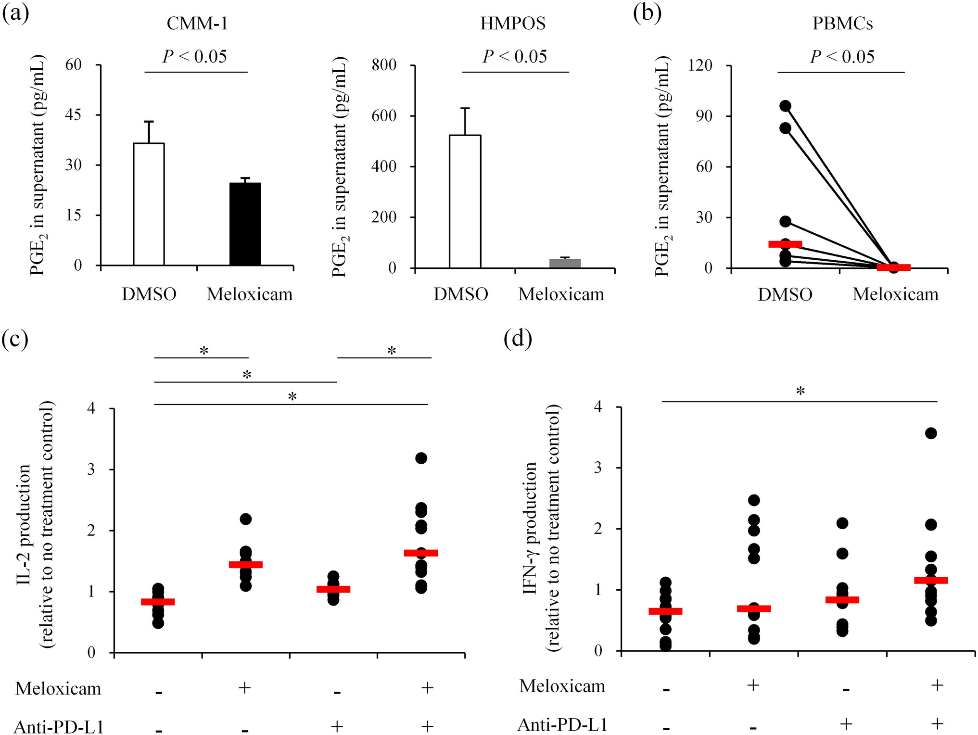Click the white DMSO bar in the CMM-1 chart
pyautogui.click(x=149, y=204)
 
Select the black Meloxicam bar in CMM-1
pyautogui.click(x=245, y=224)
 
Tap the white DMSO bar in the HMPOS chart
pyautogui.click(x=465, y=202)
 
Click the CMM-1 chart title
pyautogui.click(x=197, y=24)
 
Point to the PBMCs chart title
pyautogui.click(x=842, y=24)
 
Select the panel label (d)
pyautogui.click(x=518, y=339)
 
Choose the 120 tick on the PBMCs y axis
pyautogui.click(x=700, y=65)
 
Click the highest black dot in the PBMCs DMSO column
pyautogui.click(x=785, y=106)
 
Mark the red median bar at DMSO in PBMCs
pyautogui.click(x=785, y=244)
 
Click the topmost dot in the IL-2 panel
pyautogui.click(x=421, y=458)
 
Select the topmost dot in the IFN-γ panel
pyautogui.click(x=931, y=433)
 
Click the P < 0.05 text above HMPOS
pyautogui.click(x=515, y=57)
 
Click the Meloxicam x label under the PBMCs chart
pyautogui.click(x=895, y=294)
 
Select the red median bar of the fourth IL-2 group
pyautogui.click(x=421, y=553)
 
